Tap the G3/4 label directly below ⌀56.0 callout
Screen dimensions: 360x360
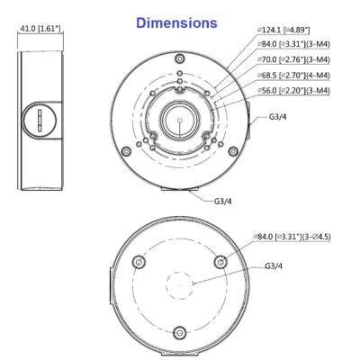pyautogui.click(x=280, y=118)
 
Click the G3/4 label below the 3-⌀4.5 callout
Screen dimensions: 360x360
pyautogui.click(x=274, y=267)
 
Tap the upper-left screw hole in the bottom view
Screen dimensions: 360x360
pyautogui.click(x=139, y=260)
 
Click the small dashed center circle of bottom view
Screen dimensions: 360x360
pyautogui.click(x=180, y=284)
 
